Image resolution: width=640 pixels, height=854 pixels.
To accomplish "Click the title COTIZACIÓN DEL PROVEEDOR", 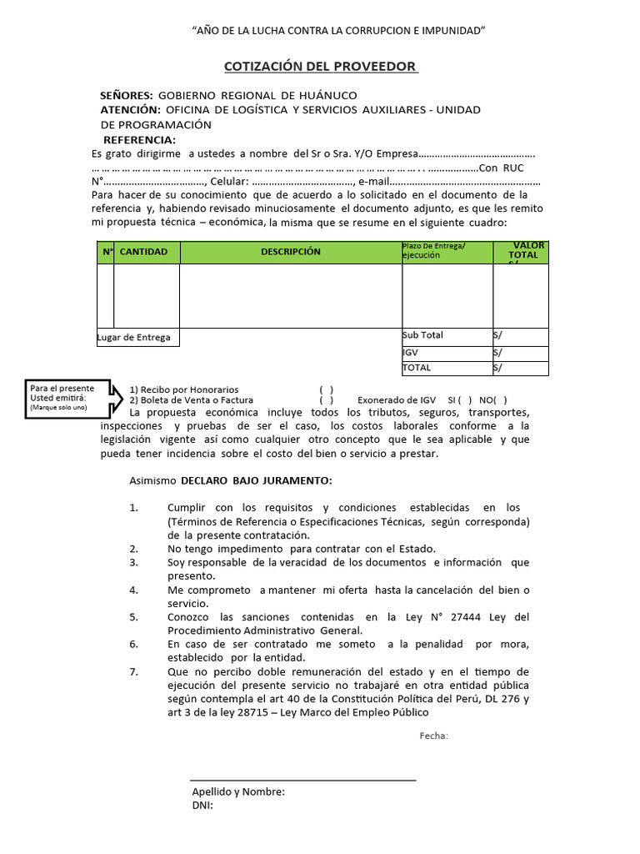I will coord(320,66).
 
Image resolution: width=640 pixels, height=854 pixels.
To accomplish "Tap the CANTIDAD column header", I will coord(143,252).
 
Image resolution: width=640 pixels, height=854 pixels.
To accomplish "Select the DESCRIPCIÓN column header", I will coord(290,252).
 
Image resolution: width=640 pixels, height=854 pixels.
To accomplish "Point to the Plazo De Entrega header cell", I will coord(434,250).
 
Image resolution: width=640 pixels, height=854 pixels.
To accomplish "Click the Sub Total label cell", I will coord(422,335).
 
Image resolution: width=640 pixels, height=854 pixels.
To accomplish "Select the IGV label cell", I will coord(412,352).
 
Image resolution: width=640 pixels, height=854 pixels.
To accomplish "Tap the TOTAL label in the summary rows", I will coord(417,367).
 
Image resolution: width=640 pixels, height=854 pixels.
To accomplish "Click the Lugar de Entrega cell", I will coord(134,338).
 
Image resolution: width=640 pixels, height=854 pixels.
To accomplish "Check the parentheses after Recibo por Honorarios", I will coord(327,389).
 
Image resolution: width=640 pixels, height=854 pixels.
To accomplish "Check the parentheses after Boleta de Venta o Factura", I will coord(327,400).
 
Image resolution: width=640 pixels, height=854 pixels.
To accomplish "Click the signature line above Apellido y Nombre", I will coord(303,781).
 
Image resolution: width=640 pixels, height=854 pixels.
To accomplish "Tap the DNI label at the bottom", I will coord(202,806).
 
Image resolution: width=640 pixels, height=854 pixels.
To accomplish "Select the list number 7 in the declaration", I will coord(134,672).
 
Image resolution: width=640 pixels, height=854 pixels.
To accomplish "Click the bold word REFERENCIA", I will coord(139,139).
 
